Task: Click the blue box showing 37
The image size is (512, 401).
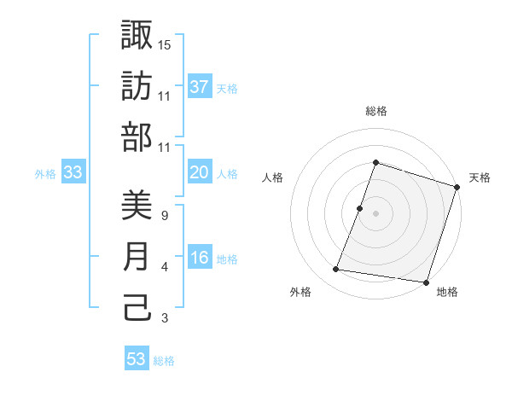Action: [200, 87]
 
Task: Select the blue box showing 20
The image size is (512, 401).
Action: [200, 172]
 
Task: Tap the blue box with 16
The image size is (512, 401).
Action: [200, 259]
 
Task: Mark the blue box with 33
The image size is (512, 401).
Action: [73, 173]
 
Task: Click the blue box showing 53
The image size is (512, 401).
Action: [137, 359]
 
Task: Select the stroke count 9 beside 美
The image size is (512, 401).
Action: [164, 215]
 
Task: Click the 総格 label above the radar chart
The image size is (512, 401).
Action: [376, 111]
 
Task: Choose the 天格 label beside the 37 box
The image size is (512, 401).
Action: [227, 88]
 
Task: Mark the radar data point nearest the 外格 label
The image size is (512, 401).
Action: [335, 270]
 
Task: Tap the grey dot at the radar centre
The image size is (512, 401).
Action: [375, 213]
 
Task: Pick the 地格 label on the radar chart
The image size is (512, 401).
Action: [447, 293]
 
